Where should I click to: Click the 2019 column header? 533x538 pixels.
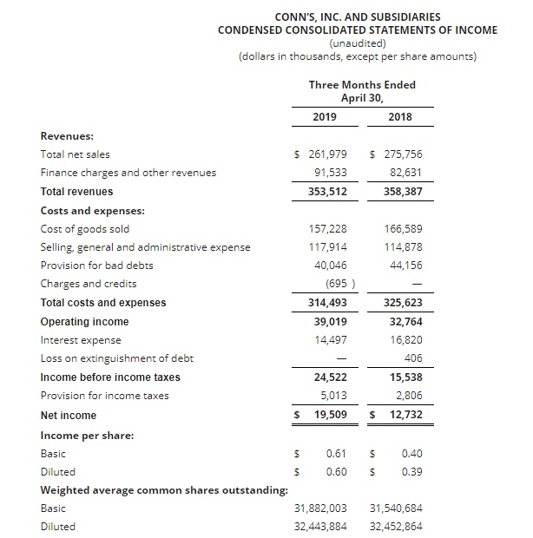pyautogui.click(x=325, y=117)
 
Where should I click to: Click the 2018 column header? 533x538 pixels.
pyautogui.click(x=400, y=117)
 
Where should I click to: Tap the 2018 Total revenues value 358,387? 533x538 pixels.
pyautogui.click(x=402, y=191)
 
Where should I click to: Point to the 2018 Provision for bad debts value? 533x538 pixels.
pyautogui.click(x=405, y=266)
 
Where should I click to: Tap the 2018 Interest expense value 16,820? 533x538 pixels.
pyautogui.click(x=405, y=340)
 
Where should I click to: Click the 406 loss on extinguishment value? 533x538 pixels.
pyautogui.click(x=412, y=358)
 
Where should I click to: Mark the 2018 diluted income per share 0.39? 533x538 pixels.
pyautogui.click(x=411, y=471)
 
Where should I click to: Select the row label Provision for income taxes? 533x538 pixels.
pyautogui.click(x=105, y=396)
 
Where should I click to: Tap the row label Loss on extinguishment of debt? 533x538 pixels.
pyautogui.click(x=117, y=358)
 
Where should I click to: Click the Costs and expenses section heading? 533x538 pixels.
pyautogui.click(x=93, y=210)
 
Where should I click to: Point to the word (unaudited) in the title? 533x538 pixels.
pyautogui.click(x=358, y=43)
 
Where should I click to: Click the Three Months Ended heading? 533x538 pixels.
pyautogui.click(x=362, y=84)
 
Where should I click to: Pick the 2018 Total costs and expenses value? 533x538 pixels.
pyautogui.click(x=402, y=303)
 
